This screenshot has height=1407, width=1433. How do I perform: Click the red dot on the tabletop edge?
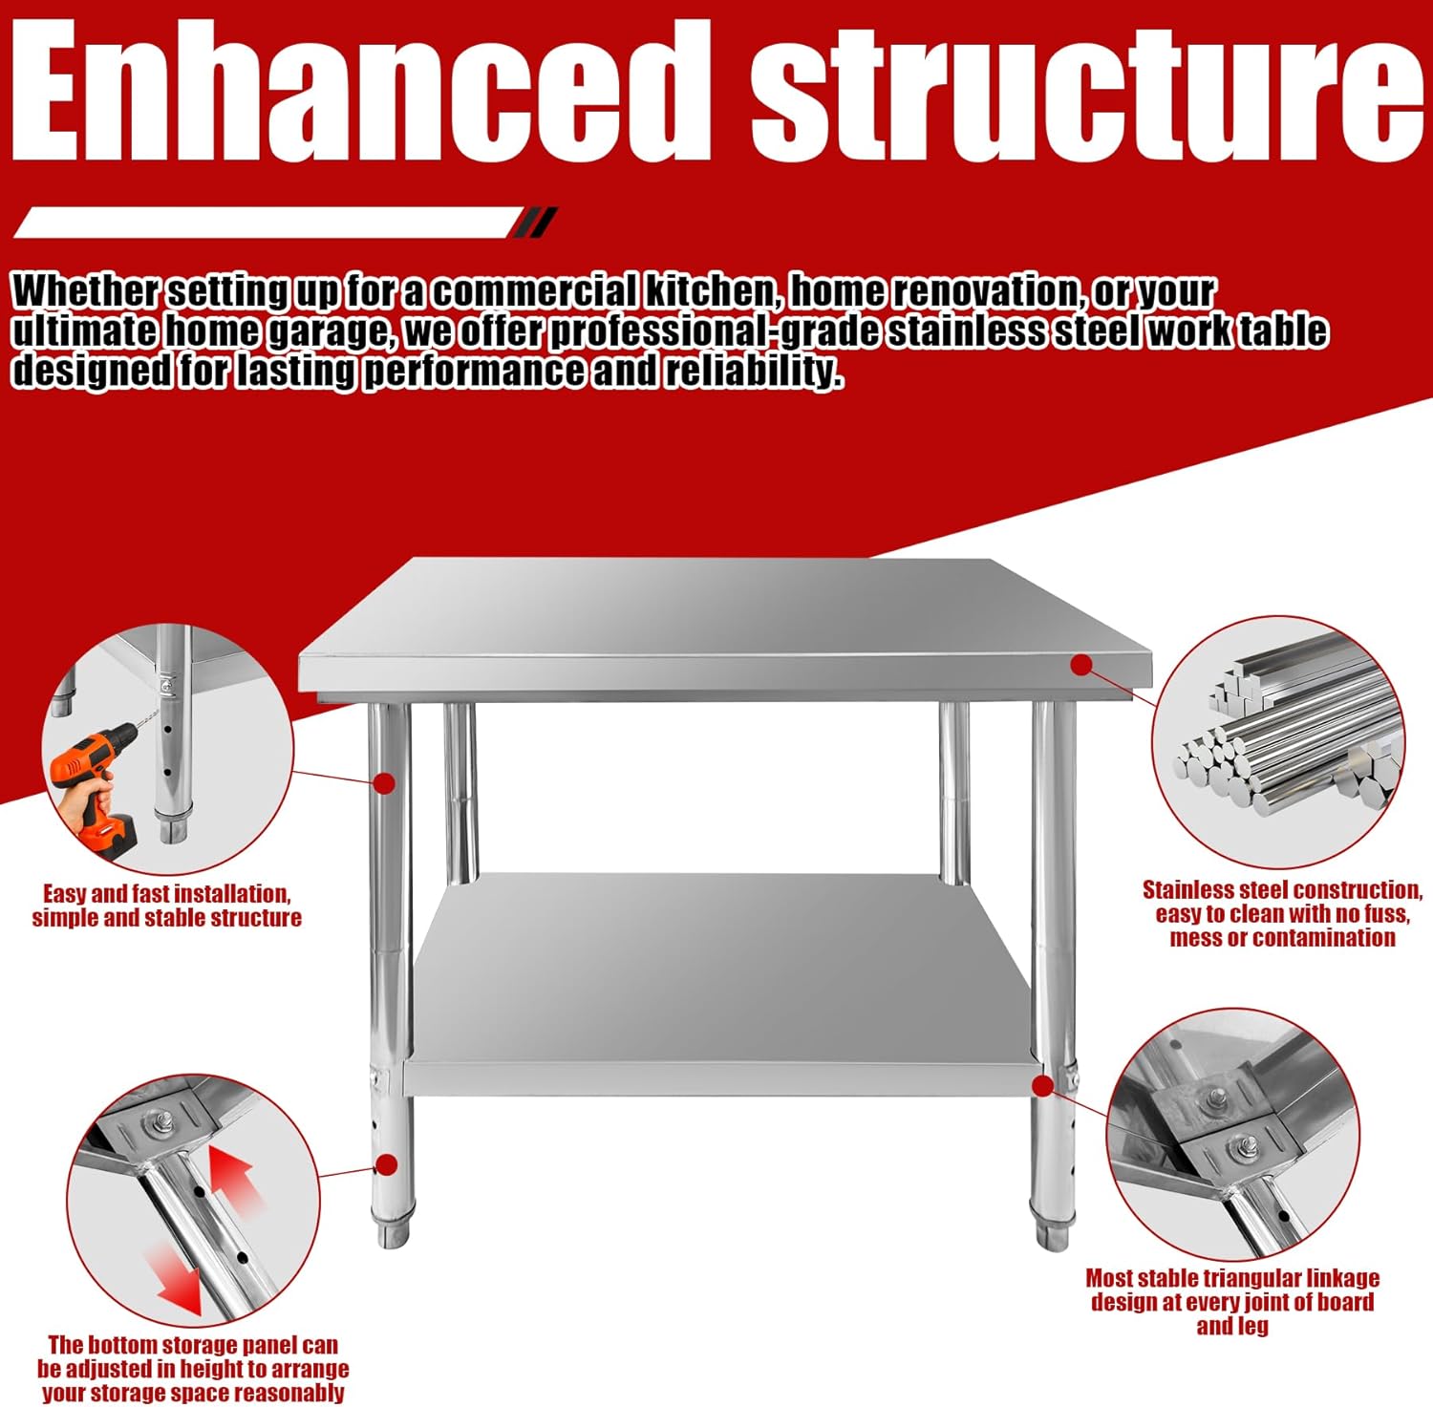click(x=1080, y=665)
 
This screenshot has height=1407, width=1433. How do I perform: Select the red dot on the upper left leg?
click(x=384, y=783)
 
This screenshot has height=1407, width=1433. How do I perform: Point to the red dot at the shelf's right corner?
click(x=1043, y=1085)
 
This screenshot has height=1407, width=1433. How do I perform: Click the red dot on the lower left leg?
click(x=386, y=1164)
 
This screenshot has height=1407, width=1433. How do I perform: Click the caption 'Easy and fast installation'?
click(x=166, y=894)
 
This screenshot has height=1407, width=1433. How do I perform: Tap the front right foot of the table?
click(x=1052, y=1232)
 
